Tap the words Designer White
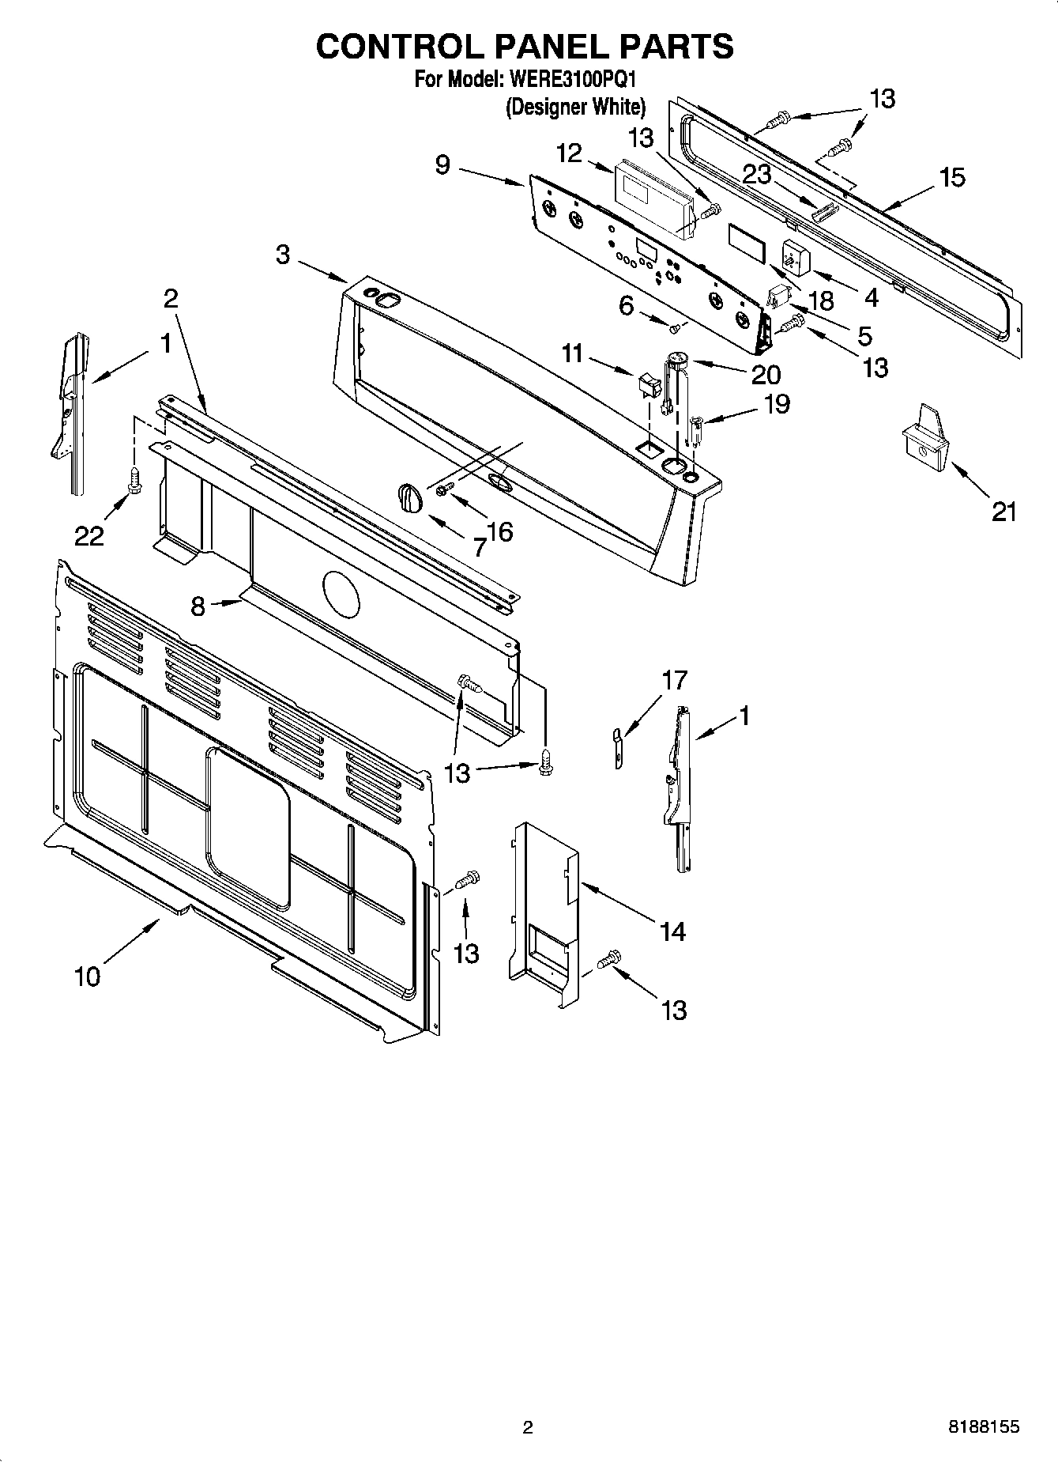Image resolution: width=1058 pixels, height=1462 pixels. point(575,106)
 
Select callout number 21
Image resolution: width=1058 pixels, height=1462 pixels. point(1003,512)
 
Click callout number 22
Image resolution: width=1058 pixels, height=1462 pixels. point(88,536)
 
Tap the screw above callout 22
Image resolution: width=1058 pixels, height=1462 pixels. point(135,480)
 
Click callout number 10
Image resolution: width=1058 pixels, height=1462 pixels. point(88,977)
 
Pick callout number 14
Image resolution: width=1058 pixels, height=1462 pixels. point(672,931)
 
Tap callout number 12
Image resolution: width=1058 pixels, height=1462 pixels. point(568,153)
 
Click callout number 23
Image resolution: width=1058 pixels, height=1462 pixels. point(756,175)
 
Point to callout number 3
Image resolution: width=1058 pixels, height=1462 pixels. point(282,255)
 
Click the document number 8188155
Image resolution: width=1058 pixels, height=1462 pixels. point(984,1427)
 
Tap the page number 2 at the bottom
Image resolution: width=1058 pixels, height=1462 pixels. point(528,1427)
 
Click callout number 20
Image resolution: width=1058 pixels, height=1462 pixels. point(766,374)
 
